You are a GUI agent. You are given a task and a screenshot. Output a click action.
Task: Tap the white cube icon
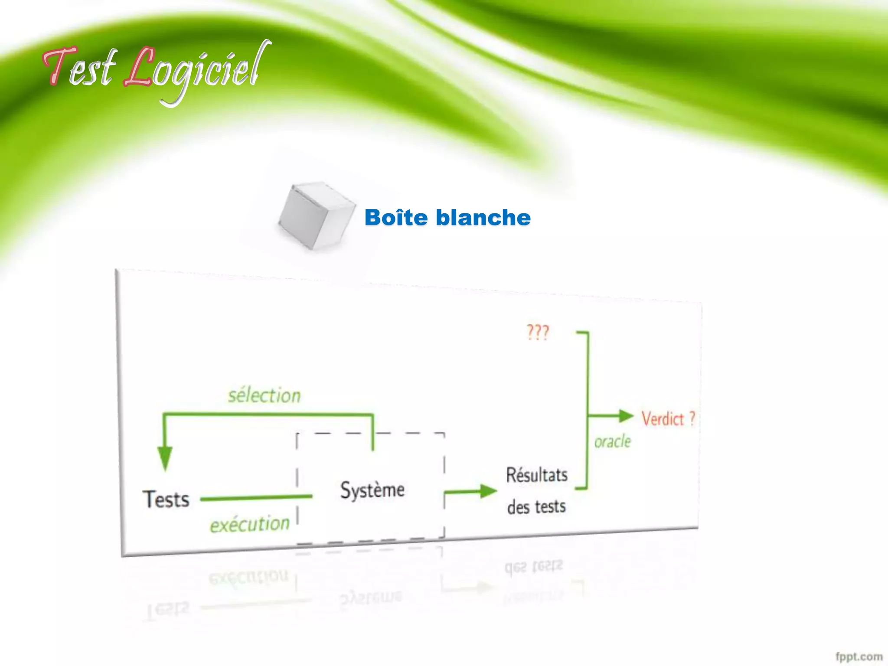point(317,215)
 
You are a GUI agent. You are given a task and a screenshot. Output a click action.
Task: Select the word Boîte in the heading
point(396,217)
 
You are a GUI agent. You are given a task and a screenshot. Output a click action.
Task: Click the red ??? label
point(538,333)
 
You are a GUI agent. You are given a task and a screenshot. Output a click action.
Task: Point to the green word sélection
point(264,395)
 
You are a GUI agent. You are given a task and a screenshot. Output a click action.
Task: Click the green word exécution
point(250,524)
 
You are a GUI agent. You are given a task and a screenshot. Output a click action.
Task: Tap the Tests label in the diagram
point(166,499)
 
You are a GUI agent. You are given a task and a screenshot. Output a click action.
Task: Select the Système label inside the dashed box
point(372,490)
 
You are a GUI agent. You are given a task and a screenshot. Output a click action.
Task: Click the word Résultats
point(537,475)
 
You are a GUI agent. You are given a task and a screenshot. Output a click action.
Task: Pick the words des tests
point(537,506)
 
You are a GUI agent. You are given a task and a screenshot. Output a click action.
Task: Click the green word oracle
point(613,442)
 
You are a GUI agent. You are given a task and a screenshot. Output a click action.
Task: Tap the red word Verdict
point(663,419)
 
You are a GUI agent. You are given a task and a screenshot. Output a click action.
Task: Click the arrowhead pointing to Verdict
point(626,416)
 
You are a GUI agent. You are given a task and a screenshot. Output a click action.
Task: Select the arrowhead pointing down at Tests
point(165,458)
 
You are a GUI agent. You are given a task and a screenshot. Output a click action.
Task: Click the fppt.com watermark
point(859,656)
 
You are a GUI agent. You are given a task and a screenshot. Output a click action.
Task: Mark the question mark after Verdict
point(692,418)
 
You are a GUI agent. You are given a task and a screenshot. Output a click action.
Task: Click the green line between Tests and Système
point(256,498)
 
